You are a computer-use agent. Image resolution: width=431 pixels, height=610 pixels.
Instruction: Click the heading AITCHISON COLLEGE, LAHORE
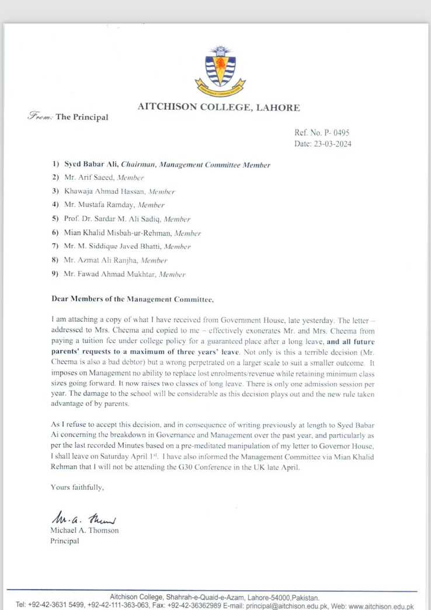[219, 107]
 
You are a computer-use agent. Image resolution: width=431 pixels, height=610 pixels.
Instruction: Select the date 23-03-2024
[332, 144]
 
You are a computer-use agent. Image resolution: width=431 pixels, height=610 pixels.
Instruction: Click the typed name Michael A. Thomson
[84, 531]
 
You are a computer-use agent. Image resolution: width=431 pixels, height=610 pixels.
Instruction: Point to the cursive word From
[40, 117]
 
